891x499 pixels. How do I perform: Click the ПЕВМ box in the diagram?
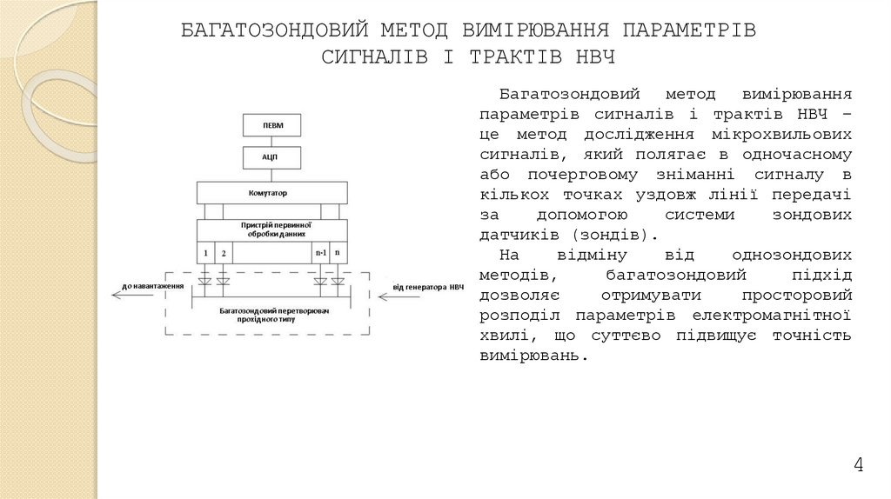[x=272, y=126]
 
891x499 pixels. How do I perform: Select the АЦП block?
[x=272, y=158]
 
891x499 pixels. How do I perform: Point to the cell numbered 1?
[x=206, y=253]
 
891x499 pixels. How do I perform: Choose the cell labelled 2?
[x=224, y=253]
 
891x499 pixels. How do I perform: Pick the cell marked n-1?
[x=320, y=253]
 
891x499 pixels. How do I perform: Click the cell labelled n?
[x=338, y=253]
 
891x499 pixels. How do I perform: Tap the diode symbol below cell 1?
[x=206, y=280]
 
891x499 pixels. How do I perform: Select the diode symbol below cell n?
[x=338, y=280]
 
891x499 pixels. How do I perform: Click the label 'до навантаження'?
[x=153, y=286]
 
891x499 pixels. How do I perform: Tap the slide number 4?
[x=858, y=465]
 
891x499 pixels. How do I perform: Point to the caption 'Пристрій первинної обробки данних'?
[x=276, y=229]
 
